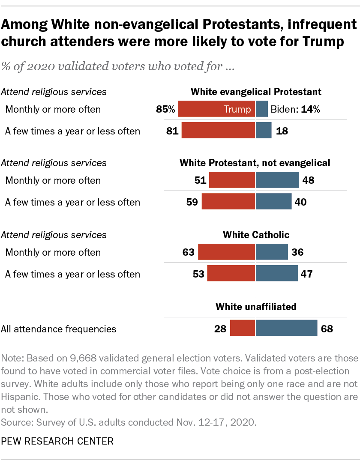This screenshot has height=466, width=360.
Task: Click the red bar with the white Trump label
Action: click(216, 109)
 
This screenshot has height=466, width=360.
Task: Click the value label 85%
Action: click(166, 109)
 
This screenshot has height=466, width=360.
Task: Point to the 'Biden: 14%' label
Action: click(295, 109)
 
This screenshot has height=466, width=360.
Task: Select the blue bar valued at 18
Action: click(264, 131)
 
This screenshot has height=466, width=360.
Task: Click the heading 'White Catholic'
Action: click(256, 235)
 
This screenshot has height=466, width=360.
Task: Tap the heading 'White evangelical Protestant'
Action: click(256, 92)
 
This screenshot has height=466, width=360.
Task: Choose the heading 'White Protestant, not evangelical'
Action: click(255, 163)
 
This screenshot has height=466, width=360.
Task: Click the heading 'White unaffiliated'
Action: click(256, 307)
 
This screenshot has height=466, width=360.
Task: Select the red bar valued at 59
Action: click(228, 201)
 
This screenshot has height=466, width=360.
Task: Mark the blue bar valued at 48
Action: click(277, 180)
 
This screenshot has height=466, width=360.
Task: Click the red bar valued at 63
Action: click(227, 252)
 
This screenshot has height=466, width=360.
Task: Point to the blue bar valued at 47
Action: click(277, 273)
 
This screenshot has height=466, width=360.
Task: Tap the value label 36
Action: click(297, 252)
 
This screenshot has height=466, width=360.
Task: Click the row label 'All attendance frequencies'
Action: click(59, 329)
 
